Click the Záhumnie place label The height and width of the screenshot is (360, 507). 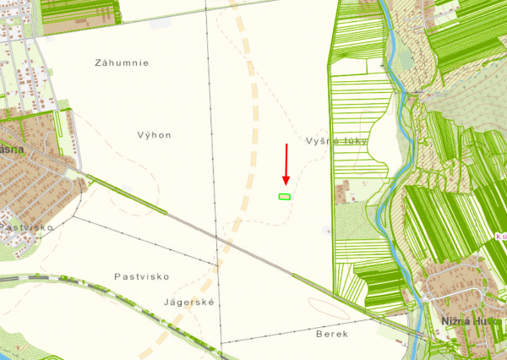123,63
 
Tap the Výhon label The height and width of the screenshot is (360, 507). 154,134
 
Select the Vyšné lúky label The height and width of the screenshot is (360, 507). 336,141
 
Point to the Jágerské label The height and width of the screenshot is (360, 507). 194,303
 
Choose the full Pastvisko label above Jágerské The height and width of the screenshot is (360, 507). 142,276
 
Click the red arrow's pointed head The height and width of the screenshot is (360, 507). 286,183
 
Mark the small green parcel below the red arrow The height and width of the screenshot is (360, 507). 285,196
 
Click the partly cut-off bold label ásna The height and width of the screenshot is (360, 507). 11,147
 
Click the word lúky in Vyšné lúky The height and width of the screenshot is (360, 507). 354,141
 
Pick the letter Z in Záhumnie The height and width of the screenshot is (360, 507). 99,63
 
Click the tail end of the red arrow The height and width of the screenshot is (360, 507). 286,145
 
